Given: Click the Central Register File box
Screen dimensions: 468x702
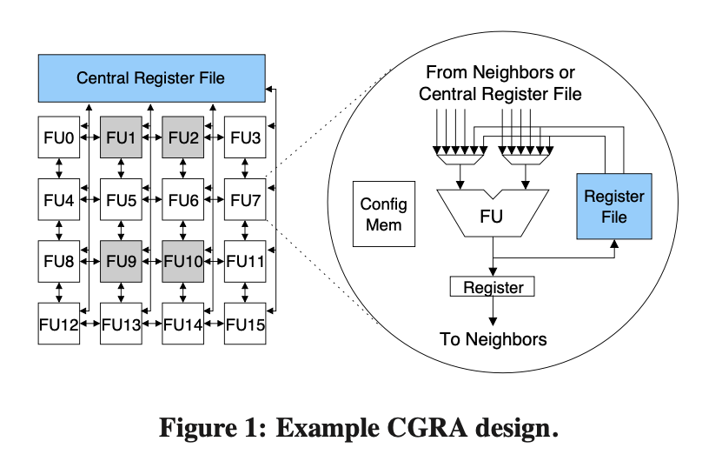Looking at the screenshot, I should coord(150,78).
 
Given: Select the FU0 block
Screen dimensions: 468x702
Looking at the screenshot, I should coord(58,137).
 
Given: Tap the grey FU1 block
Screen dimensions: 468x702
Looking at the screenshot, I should coord(121,137).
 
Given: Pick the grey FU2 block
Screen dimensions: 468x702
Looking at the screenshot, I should coord(183,137).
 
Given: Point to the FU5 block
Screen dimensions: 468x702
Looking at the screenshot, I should coord(121,199).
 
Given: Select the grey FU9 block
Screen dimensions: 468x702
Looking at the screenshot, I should coord(121,260).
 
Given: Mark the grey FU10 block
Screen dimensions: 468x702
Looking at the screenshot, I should coord(183,260).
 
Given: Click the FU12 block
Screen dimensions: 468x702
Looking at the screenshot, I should coord(58,324).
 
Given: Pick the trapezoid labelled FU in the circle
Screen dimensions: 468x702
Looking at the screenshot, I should coord(493,213).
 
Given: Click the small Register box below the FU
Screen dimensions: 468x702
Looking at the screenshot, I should coord(493,286).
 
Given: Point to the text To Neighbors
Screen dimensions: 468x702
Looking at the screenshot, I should coord(493,339).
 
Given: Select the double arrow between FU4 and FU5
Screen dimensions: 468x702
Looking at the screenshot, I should coord(89,199).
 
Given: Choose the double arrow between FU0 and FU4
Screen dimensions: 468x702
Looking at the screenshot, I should coord(58,168).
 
